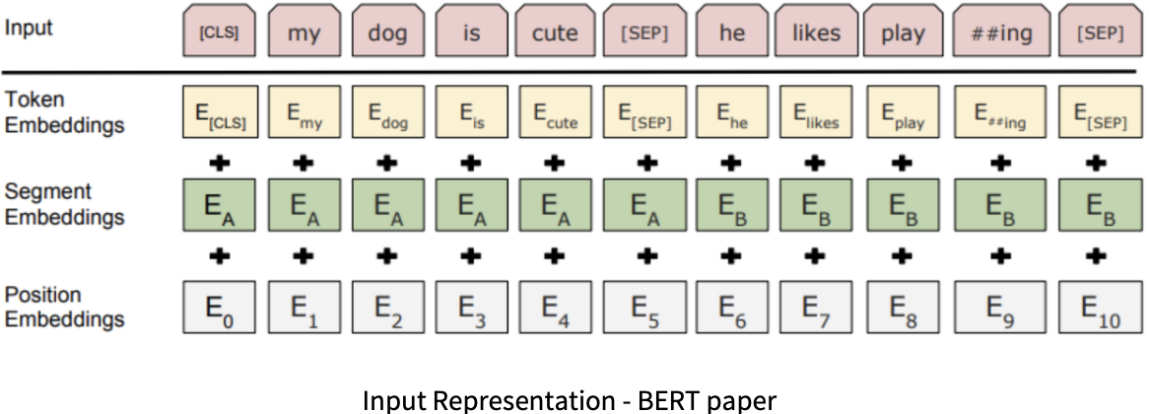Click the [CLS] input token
[x=219, y=33]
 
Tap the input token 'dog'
[x=387, y=33]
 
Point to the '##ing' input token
[x=1000, y=33]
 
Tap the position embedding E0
[x=219, y=308]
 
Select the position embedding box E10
[x=1100, y=308]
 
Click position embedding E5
[x=645, y=308]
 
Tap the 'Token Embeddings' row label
[x=65, y=112]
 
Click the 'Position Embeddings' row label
[x=65, y=307]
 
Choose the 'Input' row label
[x=30, y=27]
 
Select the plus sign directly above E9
[x=1000, y=256]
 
